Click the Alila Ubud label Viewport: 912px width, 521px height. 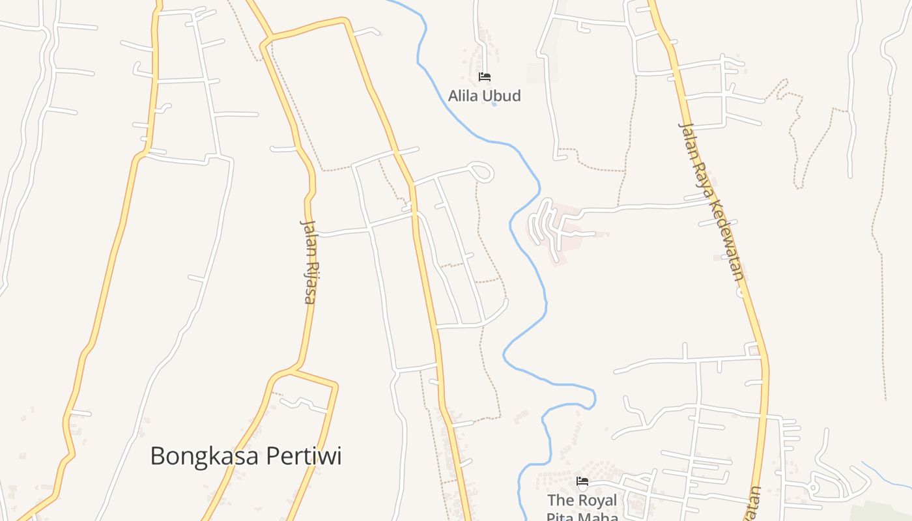click(x=484, y=96)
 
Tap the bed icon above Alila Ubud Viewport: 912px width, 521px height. click(x=484, y=77)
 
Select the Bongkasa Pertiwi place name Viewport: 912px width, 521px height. click(x=246, y=456)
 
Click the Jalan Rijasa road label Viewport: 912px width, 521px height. click(x=308, y=261)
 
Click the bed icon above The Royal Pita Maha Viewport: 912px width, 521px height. click(x=582, y=482)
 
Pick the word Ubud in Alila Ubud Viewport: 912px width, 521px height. click(x=502, y=96)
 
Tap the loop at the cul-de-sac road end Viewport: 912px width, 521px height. click(x=482, y=173)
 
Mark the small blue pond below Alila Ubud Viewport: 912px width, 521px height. click(x=494, y=104)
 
